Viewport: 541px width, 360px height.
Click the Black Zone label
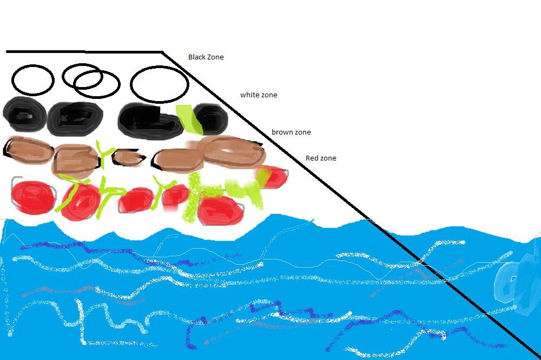point(206,57)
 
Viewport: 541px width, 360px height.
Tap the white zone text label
point(259,95)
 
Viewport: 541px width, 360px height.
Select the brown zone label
point(291,132)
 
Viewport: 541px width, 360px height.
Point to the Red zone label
point(321,158)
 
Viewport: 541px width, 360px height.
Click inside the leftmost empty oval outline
point(33,81)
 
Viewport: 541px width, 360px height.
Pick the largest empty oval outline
point(160,84)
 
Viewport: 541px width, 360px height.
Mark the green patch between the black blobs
point(189,119)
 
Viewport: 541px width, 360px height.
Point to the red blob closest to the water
point(220,211)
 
